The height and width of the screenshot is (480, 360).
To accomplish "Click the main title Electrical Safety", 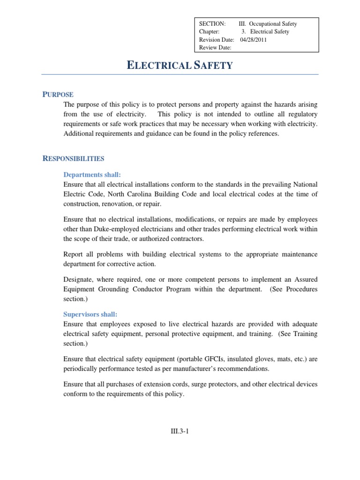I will click(180, 65).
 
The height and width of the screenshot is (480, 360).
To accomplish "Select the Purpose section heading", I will click(58, 95).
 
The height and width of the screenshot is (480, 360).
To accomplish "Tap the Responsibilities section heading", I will click(73, 158).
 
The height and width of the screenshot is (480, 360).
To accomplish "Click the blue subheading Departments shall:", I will click(92, 175).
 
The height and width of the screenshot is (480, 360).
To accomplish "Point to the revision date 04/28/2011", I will click(254, 40).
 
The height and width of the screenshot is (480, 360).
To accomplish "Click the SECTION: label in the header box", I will click(212, 24).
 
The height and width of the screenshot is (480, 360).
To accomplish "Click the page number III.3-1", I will click(180, 432).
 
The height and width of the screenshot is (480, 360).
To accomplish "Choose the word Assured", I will click(305, 279).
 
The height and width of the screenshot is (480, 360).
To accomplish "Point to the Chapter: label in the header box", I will click(209, 32).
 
